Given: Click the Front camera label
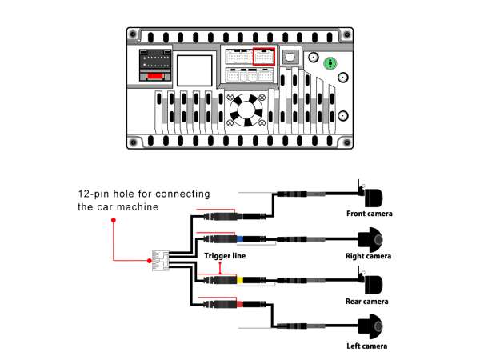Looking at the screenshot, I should point(370,214).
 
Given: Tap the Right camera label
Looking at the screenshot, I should point(369,256).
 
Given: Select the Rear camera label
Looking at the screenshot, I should point(367,302).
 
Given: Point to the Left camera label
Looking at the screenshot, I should point(367,346).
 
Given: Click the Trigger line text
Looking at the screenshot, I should point(225,256).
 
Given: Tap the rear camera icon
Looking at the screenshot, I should point(372,283).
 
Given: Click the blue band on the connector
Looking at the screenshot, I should point(238,238).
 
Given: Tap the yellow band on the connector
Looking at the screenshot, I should point(238,281).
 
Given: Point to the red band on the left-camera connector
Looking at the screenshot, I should point(238,304).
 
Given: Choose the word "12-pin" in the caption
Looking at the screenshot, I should point(92,194).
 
